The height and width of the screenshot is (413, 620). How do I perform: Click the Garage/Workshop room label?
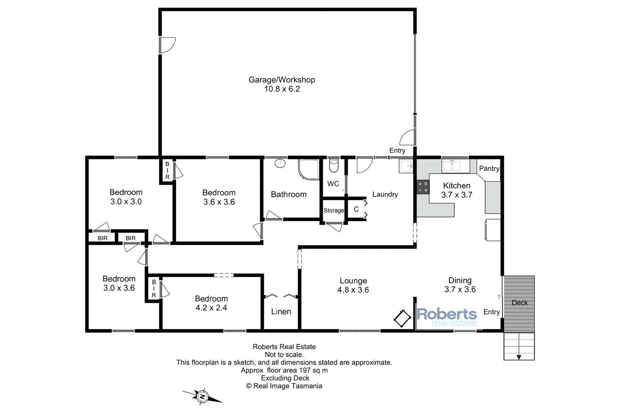282,80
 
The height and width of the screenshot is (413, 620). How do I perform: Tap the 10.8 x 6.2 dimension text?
282,89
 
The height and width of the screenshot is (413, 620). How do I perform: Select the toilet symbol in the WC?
334,165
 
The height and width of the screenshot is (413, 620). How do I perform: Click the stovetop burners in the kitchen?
423,187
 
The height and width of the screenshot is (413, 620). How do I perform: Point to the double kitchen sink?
456,166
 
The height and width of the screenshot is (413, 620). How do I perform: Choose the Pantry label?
489,169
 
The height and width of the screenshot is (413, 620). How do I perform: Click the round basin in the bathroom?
280,163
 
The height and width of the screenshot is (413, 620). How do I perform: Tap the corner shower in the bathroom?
308,169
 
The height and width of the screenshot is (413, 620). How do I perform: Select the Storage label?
334,210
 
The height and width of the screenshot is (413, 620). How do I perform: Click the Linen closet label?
281,312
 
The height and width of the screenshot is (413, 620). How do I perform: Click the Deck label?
520,303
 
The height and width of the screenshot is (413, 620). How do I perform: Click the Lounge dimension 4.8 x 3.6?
353,290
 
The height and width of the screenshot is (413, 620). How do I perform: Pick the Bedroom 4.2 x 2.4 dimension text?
211,308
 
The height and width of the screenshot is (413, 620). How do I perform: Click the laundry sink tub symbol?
406,166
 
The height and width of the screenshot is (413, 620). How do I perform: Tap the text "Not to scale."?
284,355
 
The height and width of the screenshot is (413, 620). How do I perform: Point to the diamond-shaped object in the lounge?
402,318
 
